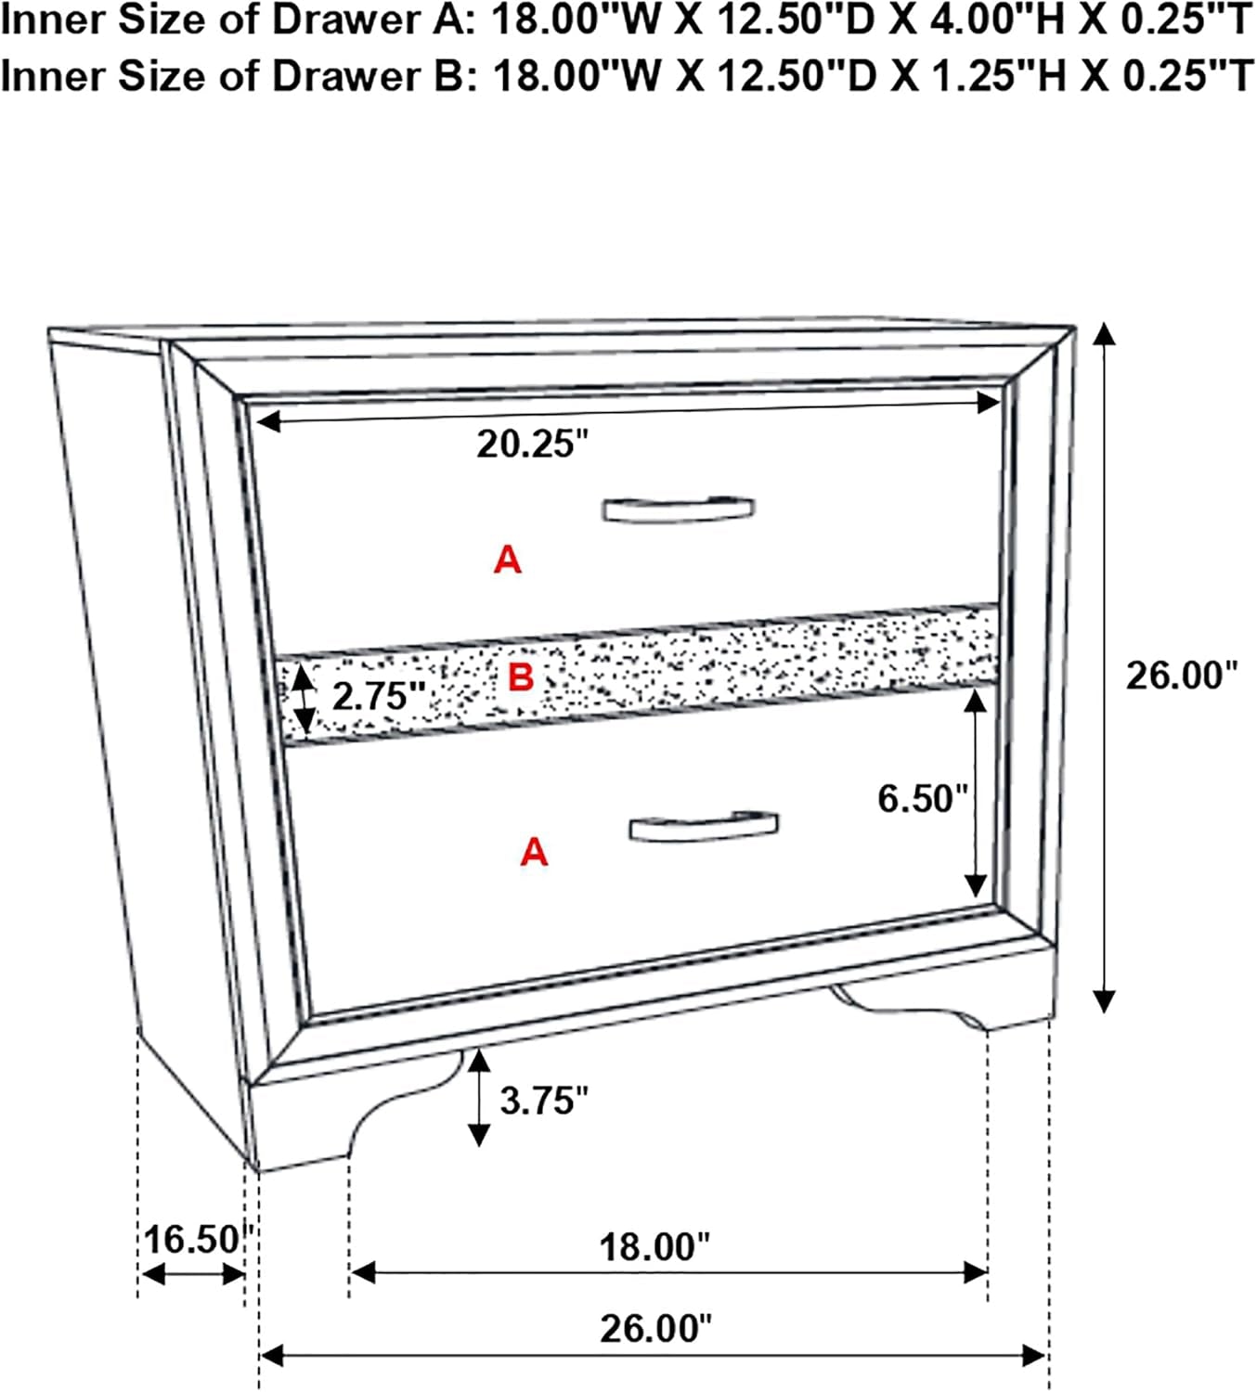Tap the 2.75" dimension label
click(x=379, y=696)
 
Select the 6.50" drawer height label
click(x=923, y=798)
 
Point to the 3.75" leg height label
click(x=544, y=1100)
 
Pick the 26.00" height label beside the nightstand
click(x=1181, y=676)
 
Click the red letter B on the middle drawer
click(x=521, y=677)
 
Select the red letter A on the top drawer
click(x=508, y=560)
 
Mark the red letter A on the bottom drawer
click(x=534, y=851)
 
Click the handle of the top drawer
click(x=679, y=509)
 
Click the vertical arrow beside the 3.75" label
click(x=478, y=1098)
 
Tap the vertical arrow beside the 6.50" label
click(x=976, y=793)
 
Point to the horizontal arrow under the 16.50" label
click(x=192, y=1274)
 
